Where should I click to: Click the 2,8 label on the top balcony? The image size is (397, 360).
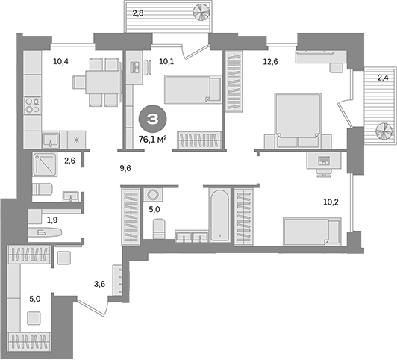point(140,13)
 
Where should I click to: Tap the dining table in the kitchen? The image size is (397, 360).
point(104,81)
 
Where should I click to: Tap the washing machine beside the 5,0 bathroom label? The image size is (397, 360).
point(156,193)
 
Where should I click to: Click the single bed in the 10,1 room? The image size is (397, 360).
point(193,92)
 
